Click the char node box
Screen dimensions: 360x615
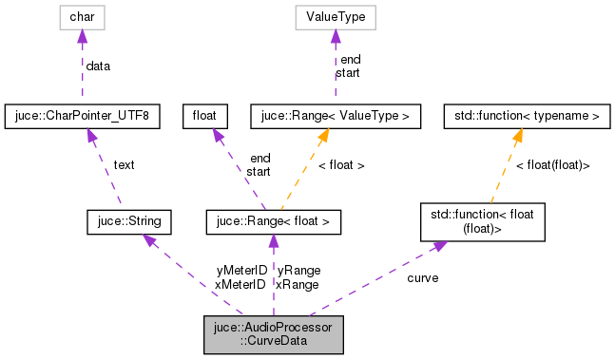82,17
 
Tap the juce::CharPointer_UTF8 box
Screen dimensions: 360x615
82,117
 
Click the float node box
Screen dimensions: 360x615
206,117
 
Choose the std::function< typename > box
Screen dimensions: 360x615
523,117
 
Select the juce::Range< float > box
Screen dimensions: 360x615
274,223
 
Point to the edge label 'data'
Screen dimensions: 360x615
98,66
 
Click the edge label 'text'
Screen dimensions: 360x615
124,165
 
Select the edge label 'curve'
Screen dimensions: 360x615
422,278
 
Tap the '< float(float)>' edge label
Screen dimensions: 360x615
552,165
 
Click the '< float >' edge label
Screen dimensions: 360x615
340,165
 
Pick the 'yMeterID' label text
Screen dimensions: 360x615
240,271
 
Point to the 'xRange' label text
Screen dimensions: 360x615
298,284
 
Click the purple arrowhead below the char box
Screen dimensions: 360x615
82,37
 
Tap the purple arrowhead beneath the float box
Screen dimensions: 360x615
217,137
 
